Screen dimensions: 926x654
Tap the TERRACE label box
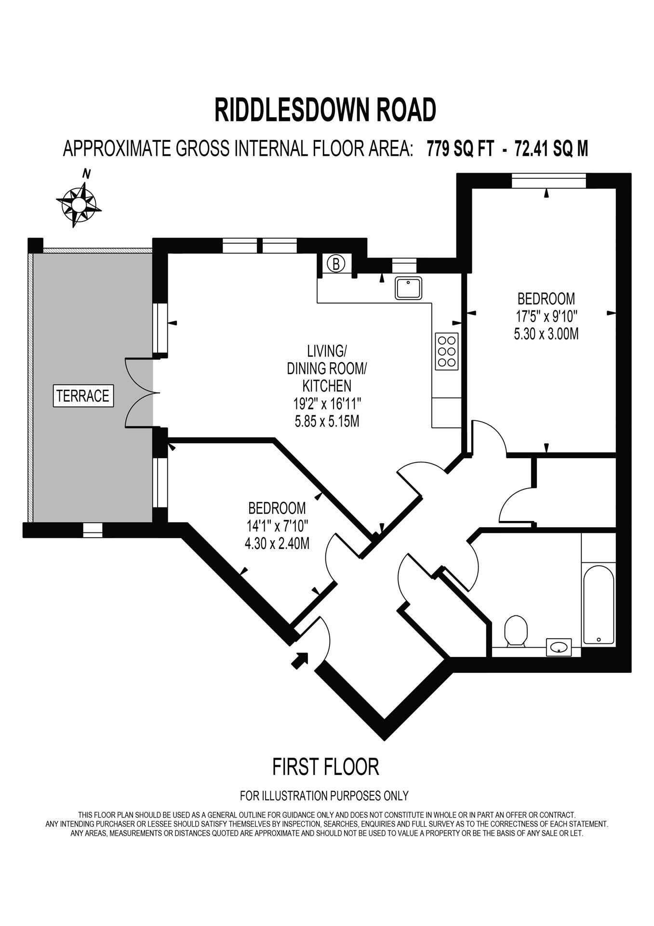coord(83,396)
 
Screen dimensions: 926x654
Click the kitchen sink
coord(408,288)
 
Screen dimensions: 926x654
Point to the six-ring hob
coord(446,352)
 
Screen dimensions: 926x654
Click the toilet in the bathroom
coord(516,631)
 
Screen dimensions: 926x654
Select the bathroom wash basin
coord(559,647)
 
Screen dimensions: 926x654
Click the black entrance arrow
coord(300,660)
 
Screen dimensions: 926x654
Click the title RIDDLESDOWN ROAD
coord(325,110)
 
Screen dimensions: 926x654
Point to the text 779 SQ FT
coord(460,149)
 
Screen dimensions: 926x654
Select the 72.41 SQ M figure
coord(551,149)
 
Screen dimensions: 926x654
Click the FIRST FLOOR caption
coord(325,767)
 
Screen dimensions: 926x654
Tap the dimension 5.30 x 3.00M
coord(546,334)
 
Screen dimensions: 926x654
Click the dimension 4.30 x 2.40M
coord(277,544)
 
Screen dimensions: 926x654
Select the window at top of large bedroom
coord(549,181)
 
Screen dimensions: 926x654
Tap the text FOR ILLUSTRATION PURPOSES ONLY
coord(324,795)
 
